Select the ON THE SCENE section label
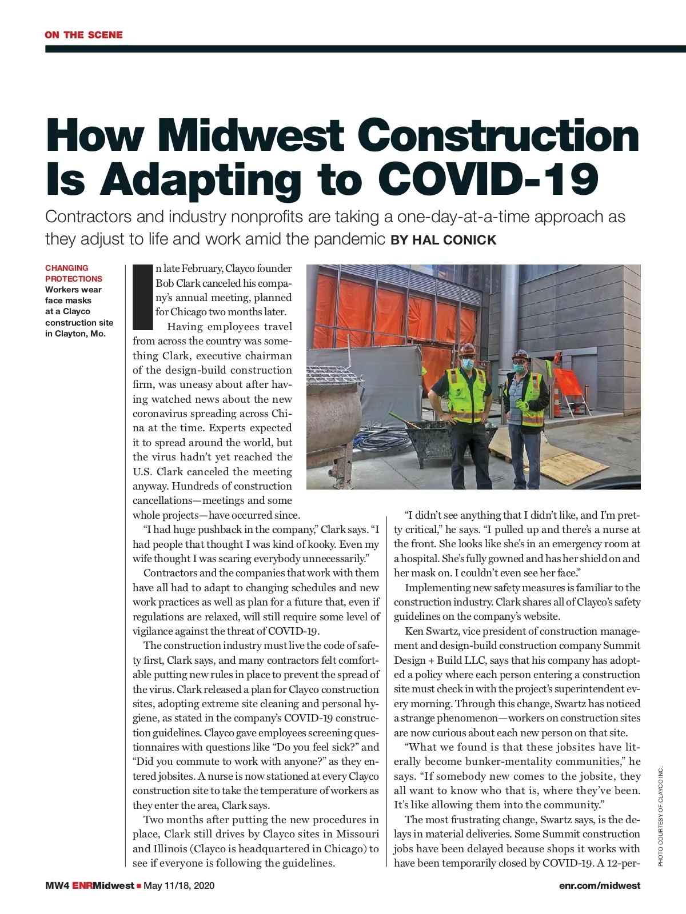click(x=83, y=35)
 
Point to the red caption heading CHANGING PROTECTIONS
click(x=74, y=273)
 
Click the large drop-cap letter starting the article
click(x=142, y=297)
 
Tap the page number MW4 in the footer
click(x=57, y=885)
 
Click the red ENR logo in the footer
click(x=82, y=885)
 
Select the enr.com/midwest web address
click(x=600, y=885)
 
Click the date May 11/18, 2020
click(x=179, y=885)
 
